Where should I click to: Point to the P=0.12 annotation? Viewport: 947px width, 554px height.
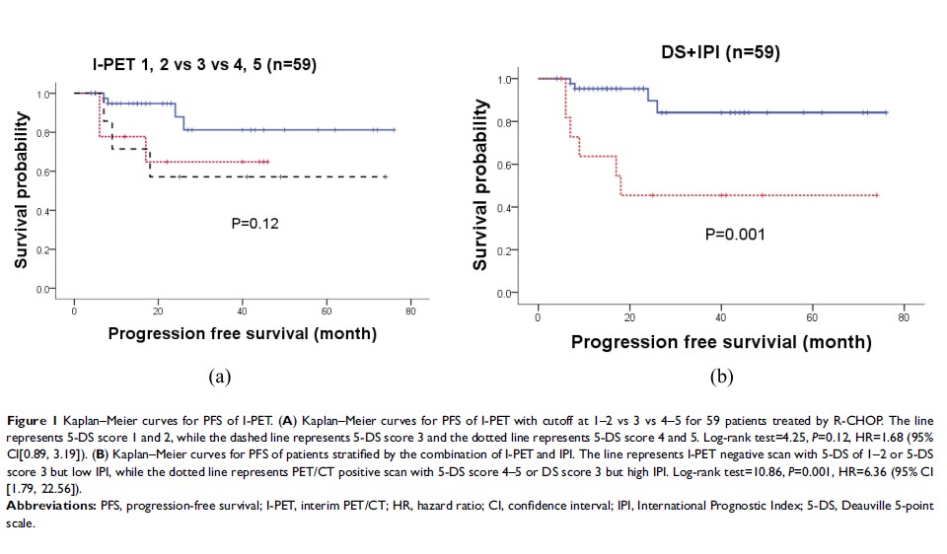coord(254,224)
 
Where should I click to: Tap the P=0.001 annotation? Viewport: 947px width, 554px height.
coord(734,235)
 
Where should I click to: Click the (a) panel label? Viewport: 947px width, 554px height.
coord(220,376)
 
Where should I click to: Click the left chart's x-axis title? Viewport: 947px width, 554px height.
coord(242,333)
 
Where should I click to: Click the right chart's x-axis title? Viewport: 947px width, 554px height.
coord(721,342)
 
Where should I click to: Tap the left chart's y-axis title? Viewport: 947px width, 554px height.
coord(21,193)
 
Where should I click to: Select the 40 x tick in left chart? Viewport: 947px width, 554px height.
coord(243,312)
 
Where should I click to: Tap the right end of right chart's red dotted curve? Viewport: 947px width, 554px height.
coord(877,195)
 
